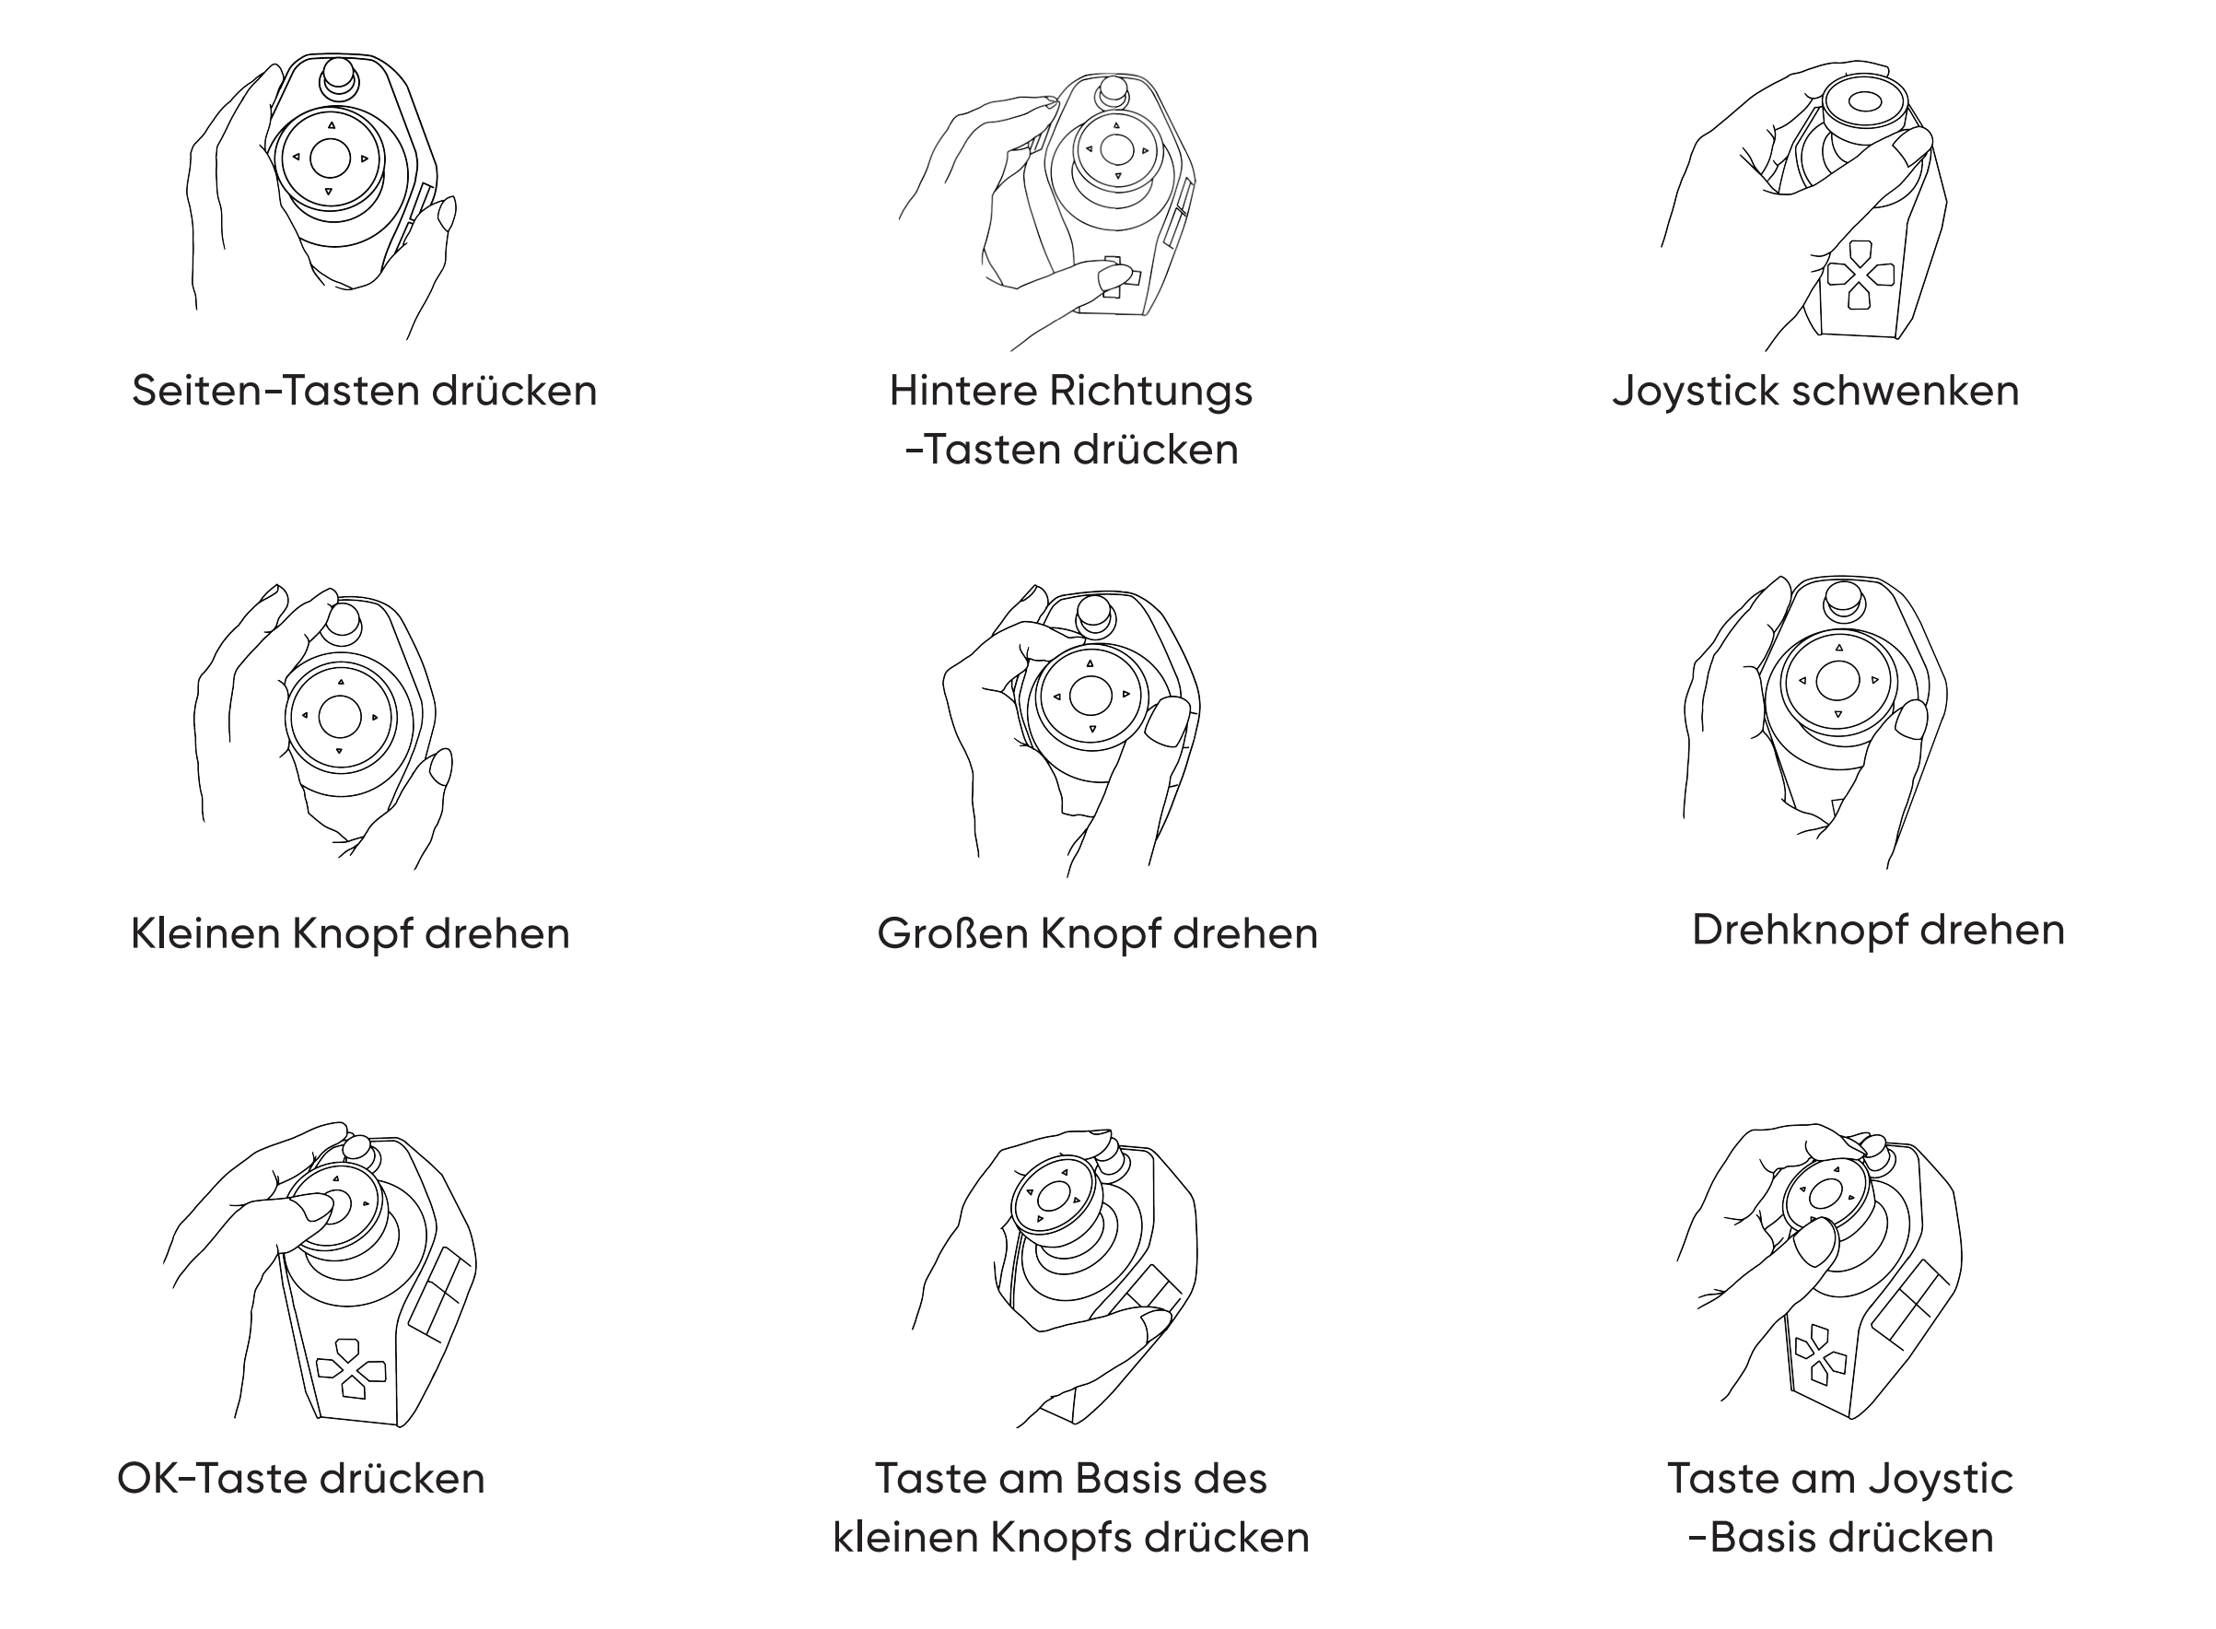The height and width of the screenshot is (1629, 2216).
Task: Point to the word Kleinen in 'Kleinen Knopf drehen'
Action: pyautogui.click(x=204, y=932)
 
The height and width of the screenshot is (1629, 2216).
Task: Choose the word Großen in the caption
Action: pyautogui.click(x=952, y=932)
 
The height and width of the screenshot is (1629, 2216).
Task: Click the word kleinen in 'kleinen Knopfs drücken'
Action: pyautogui.click(x=904, y=1537)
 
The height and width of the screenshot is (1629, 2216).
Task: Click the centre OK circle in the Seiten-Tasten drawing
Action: pyautogui.click(x=331, y=158)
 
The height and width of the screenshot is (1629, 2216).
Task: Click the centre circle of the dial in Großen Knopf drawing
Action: pyautogui.click(x=1091, y=697)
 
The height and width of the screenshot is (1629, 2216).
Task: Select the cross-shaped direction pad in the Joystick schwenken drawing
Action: pyautogui.click(x=1860, y=275)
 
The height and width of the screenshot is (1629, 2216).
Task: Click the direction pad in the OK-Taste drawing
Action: pyautogui.click(x=350, y=1368)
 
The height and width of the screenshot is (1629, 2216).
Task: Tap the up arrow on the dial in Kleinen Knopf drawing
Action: pyautogui.click(x=341, y=682)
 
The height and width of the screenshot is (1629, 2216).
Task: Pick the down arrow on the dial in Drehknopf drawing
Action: pyautogui.click(x=1837, y=714)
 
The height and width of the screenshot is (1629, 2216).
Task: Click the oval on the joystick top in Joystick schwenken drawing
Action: pyautogui.click(x=1864, y=101)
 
